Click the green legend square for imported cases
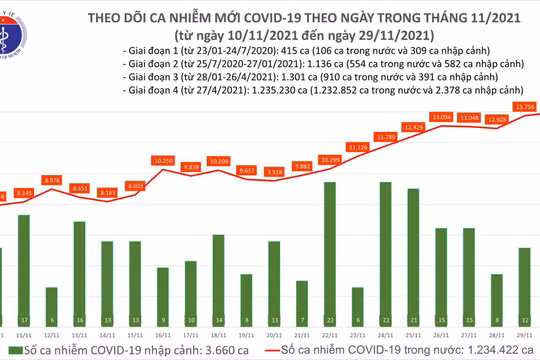tap(8, 353)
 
